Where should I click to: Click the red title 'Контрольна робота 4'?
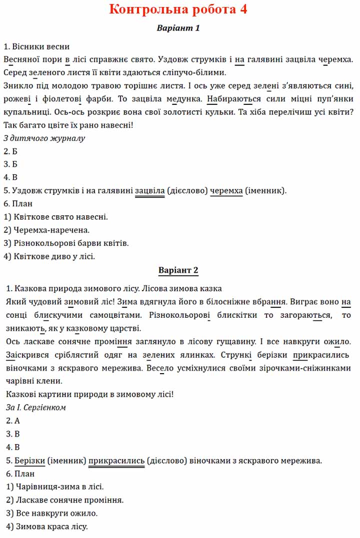178,9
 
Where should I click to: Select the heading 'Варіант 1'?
178,28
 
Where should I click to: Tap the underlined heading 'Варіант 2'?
178,270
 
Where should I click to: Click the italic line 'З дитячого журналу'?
44,138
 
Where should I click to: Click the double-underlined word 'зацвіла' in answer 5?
149,190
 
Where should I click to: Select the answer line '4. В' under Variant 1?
10,177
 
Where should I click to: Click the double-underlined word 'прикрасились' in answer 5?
117,460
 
